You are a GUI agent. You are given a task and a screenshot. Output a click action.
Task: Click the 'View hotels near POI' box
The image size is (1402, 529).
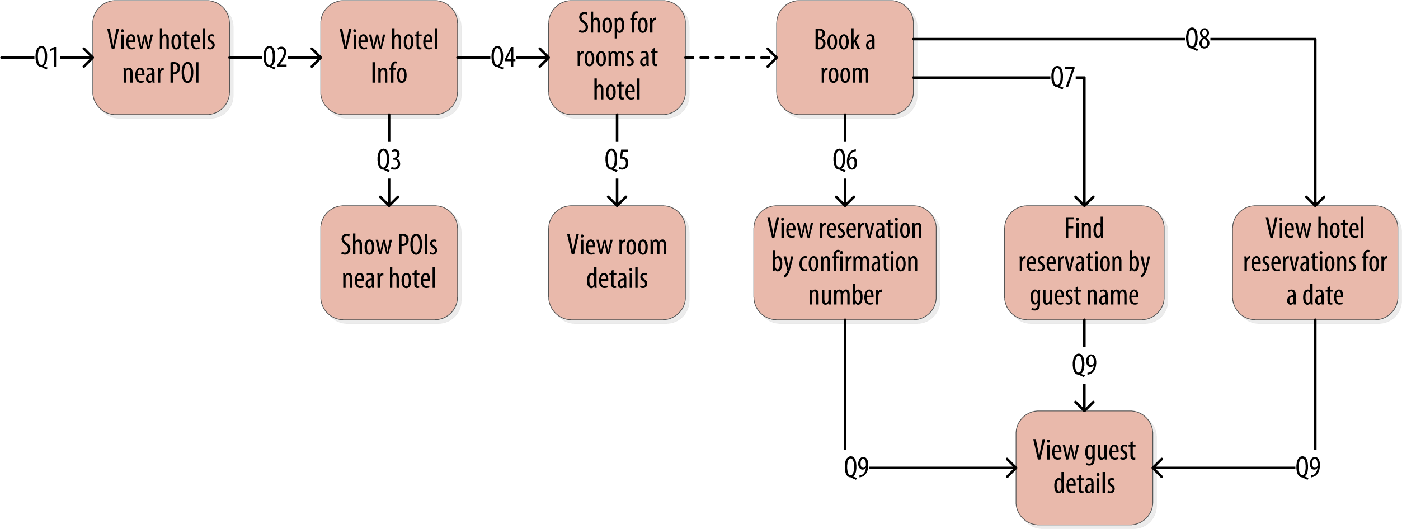pos(161,57)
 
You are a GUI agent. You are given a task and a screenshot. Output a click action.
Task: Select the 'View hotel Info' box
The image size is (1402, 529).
pos(389,57)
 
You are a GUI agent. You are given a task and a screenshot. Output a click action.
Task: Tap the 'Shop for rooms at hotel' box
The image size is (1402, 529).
pos(617,57)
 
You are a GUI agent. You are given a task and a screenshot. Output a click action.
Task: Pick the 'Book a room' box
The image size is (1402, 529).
pos(844,57)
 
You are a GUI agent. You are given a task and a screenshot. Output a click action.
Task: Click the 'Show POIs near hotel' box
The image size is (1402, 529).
pos(389,262)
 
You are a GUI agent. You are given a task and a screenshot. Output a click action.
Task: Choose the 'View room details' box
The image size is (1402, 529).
pos(617,262)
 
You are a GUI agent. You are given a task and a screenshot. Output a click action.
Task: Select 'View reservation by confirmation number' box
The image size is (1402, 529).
pos(844,262)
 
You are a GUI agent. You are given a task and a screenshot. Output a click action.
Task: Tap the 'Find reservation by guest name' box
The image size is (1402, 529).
pos(1084,262)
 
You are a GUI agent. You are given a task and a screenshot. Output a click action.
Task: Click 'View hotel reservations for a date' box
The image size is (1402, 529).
pos(1315,262)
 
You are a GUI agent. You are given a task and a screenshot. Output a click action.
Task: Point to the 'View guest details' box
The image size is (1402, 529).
pos(1084,467)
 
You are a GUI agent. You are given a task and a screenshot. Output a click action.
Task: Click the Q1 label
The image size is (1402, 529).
pos(47,58)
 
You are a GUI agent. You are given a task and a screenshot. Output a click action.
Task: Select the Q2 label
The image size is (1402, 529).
pos(275,58)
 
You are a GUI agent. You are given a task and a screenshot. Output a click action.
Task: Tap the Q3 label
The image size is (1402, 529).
pos(389,160)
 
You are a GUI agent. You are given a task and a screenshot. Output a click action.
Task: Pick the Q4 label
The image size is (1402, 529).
pos(503,58)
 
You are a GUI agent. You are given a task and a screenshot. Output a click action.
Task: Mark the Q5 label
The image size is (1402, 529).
pos(617,160)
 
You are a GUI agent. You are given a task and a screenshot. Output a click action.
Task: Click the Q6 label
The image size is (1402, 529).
pos(844,160)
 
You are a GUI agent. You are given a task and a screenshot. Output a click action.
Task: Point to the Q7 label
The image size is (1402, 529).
pos(1062,78)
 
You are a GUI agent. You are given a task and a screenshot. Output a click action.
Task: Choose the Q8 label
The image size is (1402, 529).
pos(1197,40)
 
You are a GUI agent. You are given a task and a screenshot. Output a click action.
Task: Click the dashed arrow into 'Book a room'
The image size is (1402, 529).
pos(731,58)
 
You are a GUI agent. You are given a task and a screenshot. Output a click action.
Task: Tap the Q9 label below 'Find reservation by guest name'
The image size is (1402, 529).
pos(1084,365)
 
